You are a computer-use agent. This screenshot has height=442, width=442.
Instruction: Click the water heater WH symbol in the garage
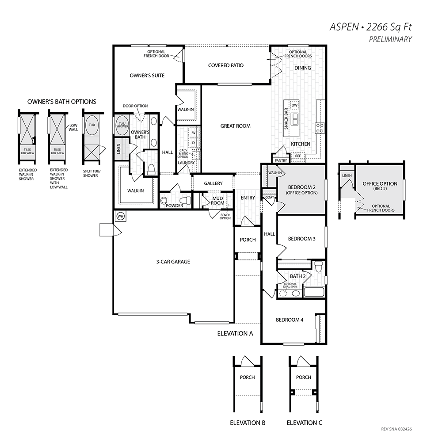tap(121, 217)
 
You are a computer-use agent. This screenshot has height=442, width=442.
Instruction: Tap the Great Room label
tap(236, 126)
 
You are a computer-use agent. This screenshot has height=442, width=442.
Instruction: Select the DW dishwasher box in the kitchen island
tap(294, 106)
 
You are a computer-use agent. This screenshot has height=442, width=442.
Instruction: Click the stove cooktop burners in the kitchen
tap(320, 128)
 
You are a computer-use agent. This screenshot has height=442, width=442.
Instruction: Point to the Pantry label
tap(281, 160)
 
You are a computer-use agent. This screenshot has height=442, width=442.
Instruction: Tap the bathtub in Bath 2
tap(314, 292)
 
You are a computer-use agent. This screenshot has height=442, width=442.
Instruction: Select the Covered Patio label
tap(226, 65)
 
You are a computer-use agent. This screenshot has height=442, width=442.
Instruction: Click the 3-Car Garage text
tap(173, 262)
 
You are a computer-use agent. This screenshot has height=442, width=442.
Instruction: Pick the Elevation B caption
tap(248, 423)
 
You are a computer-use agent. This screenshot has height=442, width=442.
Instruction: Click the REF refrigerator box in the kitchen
tap(298, 156)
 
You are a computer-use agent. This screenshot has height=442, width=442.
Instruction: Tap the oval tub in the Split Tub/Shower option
tap(92, 125)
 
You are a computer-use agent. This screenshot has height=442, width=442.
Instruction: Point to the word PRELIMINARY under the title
tap(390, 39)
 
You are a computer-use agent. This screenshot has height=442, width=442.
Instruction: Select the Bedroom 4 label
tap(290, 320)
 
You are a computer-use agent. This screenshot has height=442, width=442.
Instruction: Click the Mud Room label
tap(217, 201)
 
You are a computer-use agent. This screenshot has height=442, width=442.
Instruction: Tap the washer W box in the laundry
tap(194, 133)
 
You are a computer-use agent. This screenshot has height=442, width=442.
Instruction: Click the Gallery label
tap(213, 183)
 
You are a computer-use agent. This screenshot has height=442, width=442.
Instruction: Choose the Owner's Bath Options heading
tap(62, 102)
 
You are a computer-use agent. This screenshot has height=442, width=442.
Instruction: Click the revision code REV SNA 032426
tap(396, 429)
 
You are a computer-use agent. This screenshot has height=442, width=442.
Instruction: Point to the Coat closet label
tap(270, 197)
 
